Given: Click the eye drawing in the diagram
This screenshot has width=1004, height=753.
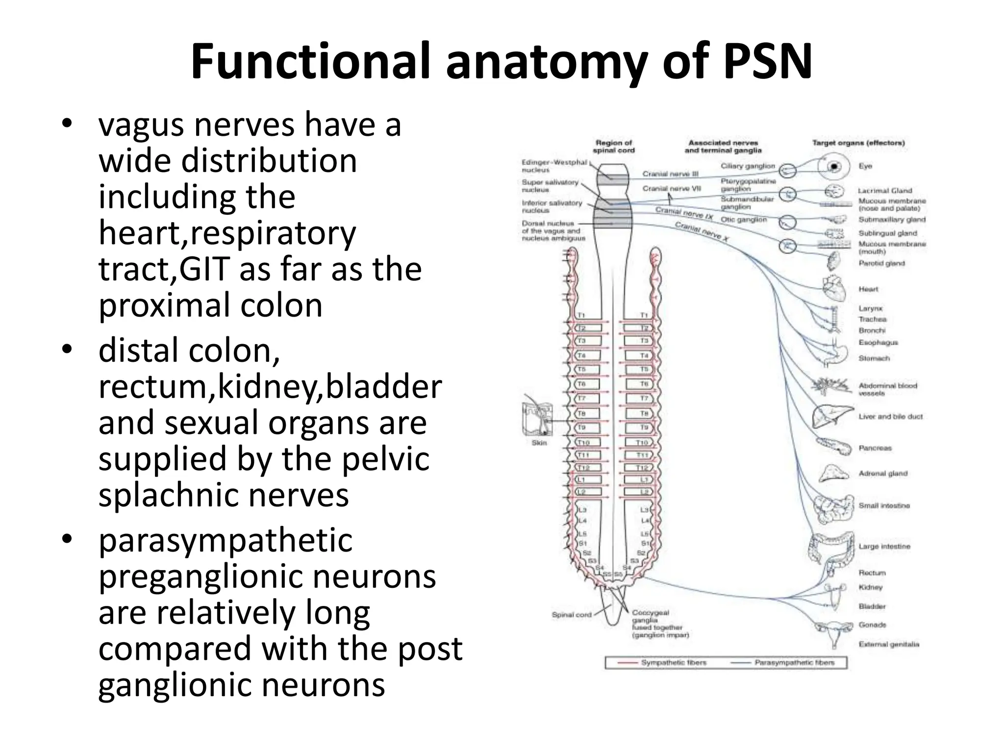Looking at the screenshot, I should [834, 167].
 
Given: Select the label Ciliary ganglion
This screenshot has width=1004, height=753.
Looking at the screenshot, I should [748, 166].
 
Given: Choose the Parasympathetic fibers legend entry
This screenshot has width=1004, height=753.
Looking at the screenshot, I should [793, 663].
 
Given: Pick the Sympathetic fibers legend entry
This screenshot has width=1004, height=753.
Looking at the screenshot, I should [674, 663].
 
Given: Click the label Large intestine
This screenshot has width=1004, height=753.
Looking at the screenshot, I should [884, 546].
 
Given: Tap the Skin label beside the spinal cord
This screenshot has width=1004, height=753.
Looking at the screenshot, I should [539, 443].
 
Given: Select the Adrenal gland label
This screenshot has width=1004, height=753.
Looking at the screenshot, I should [882, 474].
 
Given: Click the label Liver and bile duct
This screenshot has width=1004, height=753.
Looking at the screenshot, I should [890, 417].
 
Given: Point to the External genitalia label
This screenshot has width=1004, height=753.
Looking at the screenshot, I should [888, 644].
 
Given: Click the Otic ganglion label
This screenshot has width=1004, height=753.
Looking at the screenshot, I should [743, 220].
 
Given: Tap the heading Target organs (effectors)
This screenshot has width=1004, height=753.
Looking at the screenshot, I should [858, 143].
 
